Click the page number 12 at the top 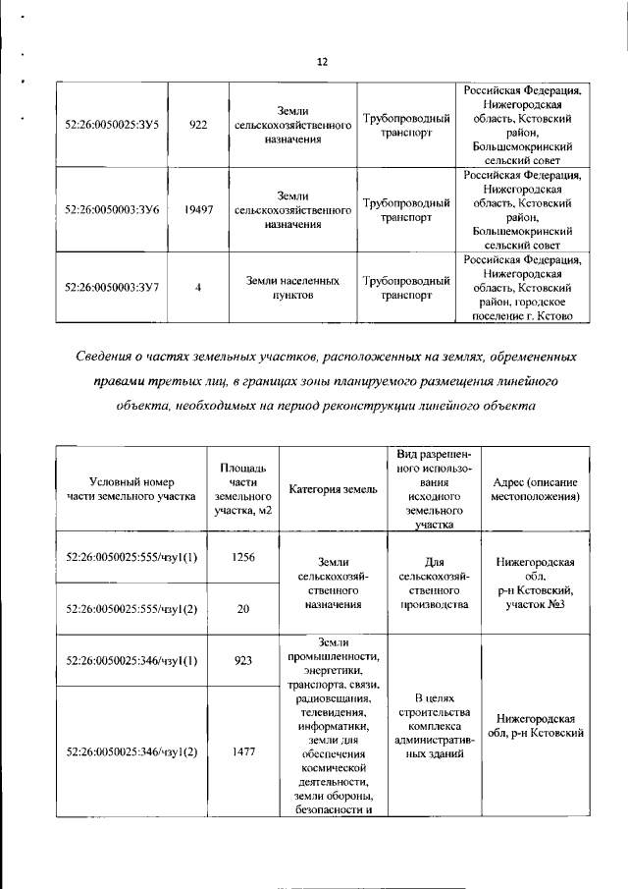[322, 62]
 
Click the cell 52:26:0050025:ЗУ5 [111, 126]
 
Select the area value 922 [198, 126]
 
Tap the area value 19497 [198, 210]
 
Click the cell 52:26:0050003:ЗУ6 [111, 210]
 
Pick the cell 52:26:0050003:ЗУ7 [111, 288]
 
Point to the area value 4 [198, 288]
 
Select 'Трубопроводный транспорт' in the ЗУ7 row [405, 288]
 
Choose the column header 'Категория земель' [333, 489]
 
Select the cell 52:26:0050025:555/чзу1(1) [131, 557]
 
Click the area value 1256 [243, 557]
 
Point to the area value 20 [243, 609]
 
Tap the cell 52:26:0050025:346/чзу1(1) [131, 661]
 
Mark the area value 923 [243, 661]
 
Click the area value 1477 [243, 751]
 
